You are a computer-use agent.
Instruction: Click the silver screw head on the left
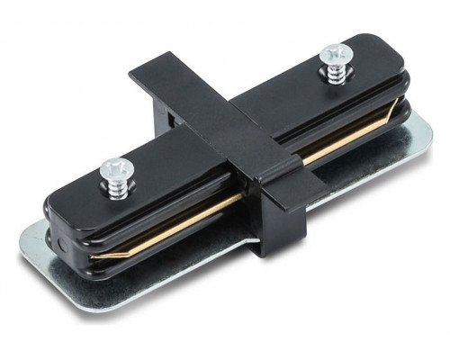point(116,166)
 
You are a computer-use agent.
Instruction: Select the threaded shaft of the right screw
point(334,75)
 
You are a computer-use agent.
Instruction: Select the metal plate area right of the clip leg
point(342,211)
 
